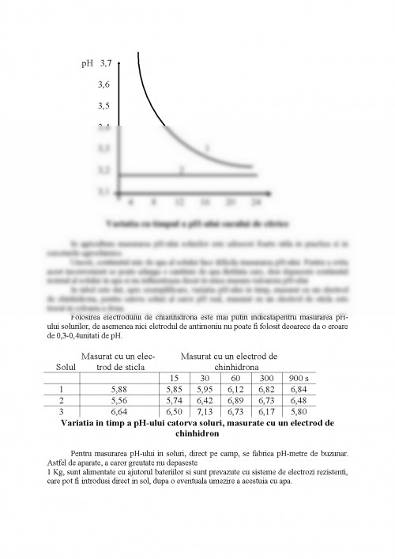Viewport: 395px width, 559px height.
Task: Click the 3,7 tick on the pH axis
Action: (x=104, y=62)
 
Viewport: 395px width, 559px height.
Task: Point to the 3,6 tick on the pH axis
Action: (x=104, y=83)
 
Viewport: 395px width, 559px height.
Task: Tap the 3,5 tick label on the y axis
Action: (x=104, y=104)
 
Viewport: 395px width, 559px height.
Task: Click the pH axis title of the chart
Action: (x=87, y=62)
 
